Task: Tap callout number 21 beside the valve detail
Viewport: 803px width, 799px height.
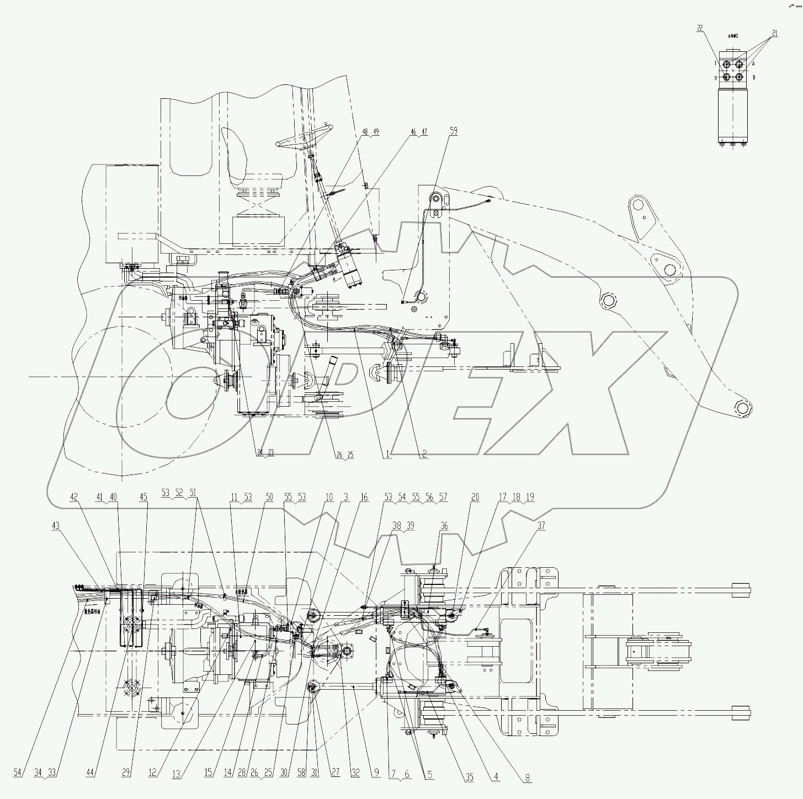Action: click(774, 34)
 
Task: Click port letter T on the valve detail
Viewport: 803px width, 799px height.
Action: click(716, 64)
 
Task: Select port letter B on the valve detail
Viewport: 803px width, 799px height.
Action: click(753, 77)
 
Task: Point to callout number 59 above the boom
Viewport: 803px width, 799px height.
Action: click(453, 131)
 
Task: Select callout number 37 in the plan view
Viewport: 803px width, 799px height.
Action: click(541, 525)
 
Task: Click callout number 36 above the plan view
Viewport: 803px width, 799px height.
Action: click(444, 525)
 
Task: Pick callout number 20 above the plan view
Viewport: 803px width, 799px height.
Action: click(475, 497)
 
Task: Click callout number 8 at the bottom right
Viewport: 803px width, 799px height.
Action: click(528, 778)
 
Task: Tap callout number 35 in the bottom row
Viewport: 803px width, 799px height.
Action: click(469, 778)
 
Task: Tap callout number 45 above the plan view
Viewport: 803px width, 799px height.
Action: click(143, 497)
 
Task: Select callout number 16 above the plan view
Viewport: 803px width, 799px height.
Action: click(364, 497)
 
